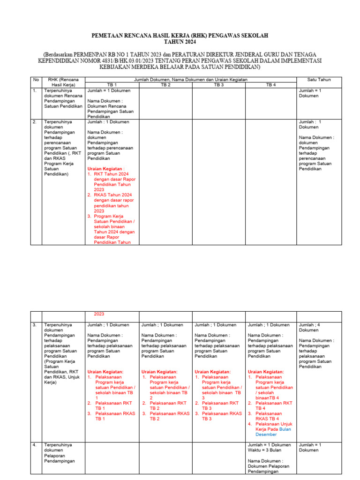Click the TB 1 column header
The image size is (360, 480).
[112, 85]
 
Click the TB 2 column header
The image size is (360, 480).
[165, 85]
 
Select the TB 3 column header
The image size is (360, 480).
[219, 85]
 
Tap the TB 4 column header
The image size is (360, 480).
[271, 85]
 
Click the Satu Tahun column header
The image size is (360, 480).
[319, 80]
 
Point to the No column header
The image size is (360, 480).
[36, 80]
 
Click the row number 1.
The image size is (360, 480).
[35, 90]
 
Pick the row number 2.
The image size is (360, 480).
[35, 122]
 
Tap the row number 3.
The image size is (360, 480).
[35, 324]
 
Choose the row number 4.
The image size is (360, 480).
[35, 444]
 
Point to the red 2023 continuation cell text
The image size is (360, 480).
[99, 314]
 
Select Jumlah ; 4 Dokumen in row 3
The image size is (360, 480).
[314, 327]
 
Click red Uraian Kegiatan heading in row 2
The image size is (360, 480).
[106, 168]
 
